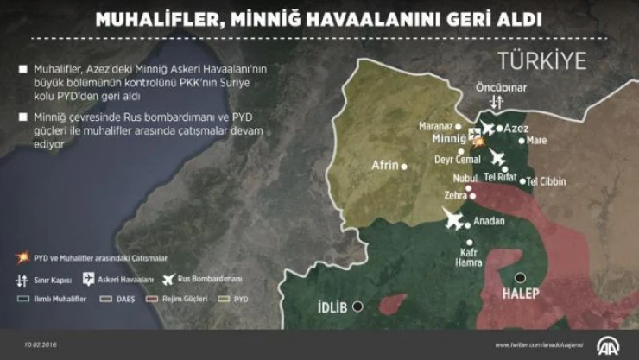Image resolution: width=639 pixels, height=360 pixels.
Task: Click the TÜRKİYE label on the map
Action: pos(541,60)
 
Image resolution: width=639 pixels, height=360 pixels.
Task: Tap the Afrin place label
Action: pos(385,165)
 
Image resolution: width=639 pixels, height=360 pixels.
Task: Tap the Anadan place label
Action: pos(489,221)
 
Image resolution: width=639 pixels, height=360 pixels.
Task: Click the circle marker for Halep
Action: pos(520,278)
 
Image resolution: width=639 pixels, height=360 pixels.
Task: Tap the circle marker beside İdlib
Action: pos(357,306)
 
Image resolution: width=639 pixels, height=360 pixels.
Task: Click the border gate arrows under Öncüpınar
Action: pos(495,102)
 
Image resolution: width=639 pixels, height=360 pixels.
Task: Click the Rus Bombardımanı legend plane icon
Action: pos(168,279)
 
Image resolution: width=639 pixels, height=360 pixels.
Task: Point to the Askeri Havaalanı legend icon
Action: pos(88,279)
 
